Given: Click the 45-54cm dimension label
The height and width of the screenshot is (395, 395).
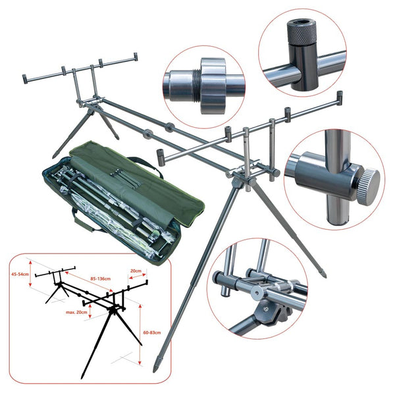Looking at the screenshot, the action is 20,275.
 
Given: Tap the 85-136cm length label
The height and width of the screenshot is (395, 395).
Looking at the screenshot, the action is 101,279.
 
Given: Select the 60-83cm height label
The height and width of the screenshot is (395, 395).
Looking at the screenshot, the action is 152,332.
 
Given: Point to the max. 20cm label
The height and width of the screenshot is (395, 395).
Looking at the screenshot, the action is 76,312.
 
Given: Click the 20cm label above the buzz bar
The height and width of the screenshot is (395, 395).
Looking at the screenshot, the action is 136,271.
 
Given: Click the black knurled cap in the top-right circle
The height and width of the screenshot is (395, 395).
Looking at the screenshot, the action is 302,32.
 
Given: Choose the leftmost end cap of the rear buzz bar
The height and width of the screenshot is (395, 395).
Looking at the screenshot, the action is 25,79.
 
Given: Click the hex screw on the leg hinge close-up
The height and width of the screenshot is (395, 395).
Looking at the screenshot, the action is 265,309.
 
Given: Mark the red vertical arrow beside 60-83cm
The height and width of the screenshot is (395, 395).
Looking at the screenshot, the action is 140,334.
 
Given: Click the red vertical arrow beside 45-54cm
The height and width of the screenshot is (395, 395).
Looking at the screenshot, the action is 30,274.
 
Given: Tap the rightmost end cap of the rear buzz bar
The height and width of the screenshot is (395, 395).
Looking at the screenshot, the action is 136,57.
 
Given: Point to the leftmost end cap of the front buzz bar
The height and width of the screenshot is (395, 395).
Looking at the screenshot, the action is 161,157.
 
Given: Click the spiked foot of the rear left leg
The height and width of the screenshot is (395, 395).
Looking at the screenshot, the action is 54,155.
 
